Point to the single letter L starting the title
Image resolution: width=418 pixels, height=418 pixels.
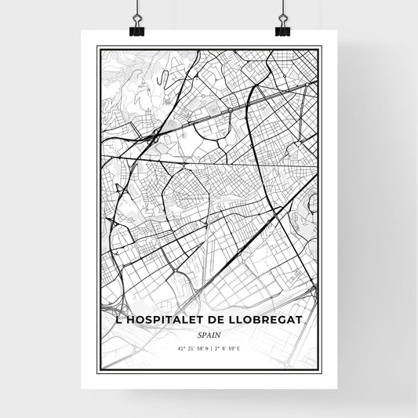tap(107, 321)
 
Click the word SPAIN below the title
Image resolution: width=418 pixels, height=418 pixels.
tap(209, 334)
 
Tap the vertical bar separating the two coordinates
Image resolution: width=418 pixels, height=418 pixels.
tap(209, 347)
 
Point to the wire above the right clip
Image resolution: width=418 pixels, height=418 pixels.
tap(282, 9)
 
